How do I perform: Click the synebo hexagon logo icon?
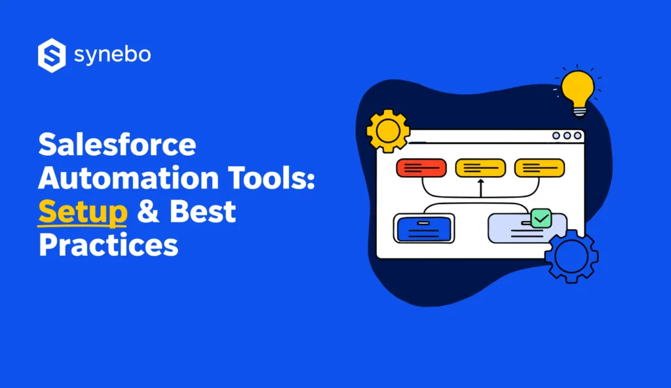52,55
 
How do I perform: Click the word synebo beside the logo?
113,55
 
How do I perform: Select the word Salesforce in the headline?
117,145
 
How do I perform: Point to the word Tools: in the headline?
272,179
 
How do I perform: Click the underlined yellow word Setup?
83,212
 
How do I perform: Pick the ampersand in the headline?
149,212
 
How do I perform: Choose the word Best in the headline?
203,212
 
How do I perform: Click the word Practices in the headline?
108,245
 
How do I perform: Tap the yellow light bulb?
578,88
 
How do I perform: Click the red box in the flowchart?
421,168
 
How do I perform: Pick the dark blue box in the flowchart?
424,228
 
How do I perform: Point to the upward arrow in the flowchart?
480,187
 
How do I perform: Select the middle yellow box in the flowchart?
480,168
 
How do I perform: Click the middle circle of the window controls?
566,136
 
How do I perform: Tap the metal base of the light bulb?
579,111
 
